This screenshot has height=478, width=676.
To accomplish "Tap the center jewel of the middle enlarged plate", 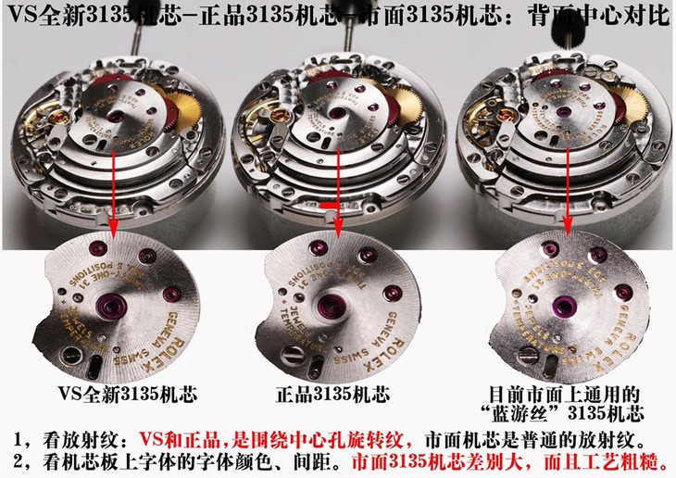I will click(x=331, y=306).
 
